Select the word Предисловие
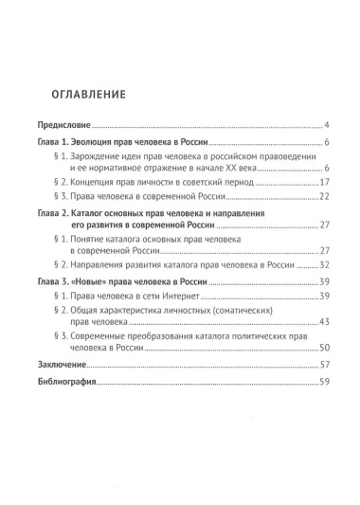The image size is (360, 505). coord(63,125)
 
